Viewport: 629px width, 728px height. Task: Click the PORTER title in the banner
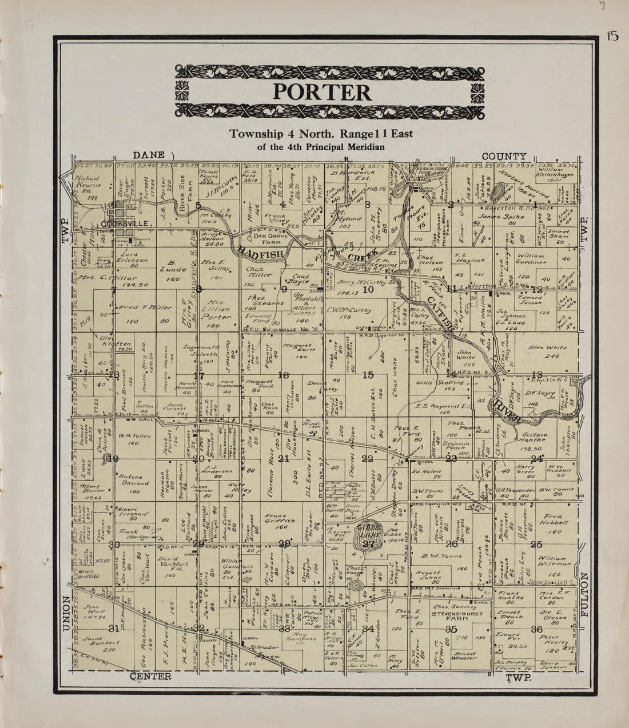[321, 91]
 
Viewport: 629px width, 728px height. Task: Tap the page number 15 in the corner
[612, 37]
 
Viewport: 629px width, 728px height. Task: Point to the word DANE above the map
[149, 155]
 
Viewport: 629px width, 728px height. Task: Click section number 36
[536, 629]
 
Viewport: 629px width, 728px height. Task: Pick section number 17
[198, 375]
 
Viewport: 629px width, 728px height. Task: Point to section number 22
[367, 459]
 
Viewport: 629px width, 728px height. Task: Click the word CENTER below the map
[150, 677]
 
